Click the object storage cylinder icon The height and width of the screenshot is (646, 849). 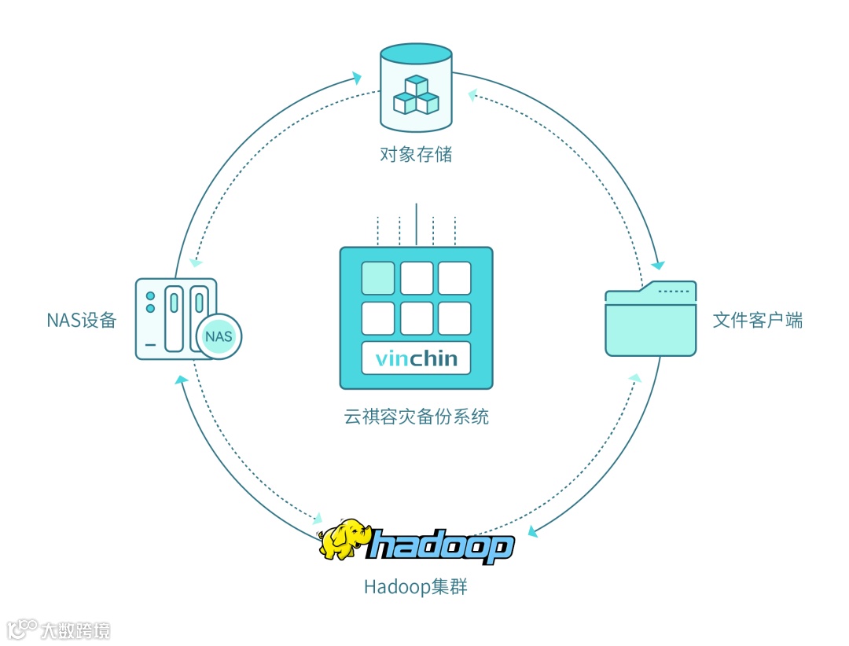pyautogui.click(x=416, y=86)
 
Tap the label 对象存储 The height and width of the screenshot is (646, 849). pyautogui.click(x=416, y=154)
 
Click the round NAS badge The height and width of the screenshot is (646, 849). pyautogui.click(x=218, y=336)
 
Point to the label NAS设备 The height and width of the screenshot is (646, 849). pyautogui.click(x=82, y=320)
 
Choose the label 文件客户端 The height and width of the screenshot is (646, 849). pyautogui.click(x=758, y=320)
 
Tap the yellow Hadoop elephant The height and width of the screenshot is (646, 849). pyautogui.click(x=344, y=540)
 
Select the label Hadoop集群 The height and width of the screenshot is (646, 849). pyautogui.click(x=416, y=587)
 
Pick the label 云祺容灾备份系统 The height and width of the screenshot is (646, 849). pyautogui.click(x=416, y=416)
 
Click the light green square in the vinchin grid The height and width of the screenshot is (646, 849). pyautogui.click(x=378, y=278)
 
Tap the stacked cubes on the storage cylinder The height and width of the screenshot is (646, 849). pyautogui.click(x=416, y=94)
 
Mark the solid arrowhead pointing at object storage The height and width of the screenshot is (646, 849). pyautogui.click(x=357, y=78)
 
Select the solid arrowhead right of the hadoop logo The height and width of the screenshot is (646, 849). pyautogui.click(x=533, y=531)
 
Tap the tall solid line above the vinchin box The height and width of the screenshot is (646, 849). pyautogui.click(x=416, y=226)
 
